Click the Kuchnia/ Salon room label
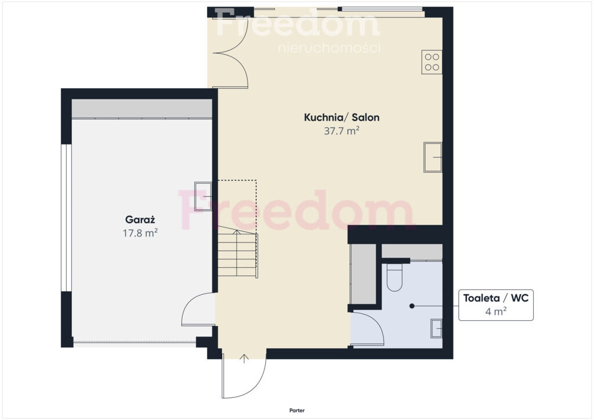click(x=342, y=117)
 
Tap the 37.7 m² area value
click(x=341, y=131)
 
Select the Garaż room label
click(x=140, y=220)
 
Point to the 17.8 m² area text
click(x=140, y=233)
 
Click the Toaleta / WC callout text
click(x=495, y=298)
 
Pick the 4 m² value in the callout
click(x=496, y=312)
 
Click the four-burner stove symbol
click(x=432, y=62)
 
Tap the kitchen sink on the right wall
click(x=433, y=157)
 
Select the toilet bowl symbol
click(x=394, y=277)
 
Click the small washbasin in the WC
click(x=436, y=328)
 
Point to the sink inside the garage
click(x=203, y=196)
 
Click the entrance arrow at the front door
click(x=244, y=359)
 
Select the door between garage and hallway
click(x=198, y=309)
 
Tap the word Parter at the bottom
click(x=297, y=411)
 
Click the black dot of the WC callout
click(x=412, y=306)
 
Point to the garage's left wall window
click(x=67, y=218)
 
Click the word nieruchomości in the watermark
click(x=329, y=48)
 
